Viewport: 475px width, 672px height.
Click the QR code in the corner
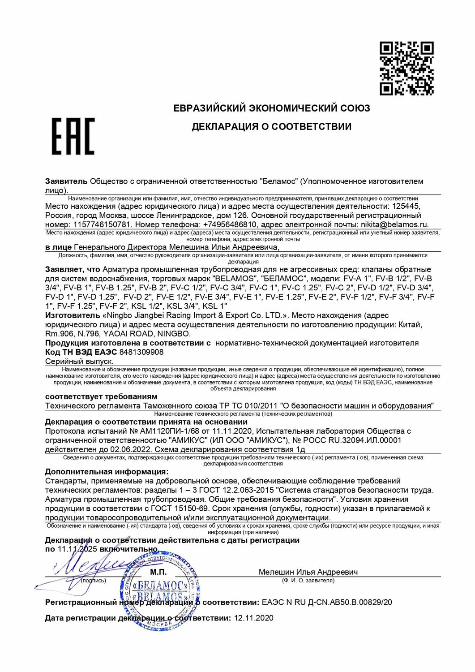tap(407, 69)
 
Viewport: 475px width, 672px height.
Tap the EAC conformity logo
tap(73, 137)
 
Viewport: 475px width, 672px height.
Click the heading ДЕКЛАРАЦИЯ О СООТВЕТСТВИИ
tap(271, 127)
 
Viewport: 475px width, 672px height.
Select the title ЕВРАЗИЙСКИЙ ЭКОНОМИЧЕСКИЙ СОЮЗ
tap(271, 108)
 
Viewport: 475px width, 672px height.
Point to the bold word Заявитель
tap(66, 181)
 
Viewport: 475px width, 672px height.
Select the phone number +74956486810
tap(230, 224)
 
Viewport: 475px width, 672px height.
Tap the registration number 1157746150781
tap(102, 224)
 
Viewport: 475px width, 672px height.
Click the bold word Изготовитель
tap(73, 315)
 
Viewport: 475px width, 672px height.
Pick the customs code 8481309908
tap(141, 352)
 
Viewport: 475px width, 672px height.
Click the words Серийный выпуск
tap(79, 361)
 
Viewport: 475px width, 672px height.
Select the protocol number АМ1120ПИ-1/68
tap(170, 431)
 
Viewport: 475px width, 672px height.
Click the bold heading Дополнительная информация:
tap(107, 472)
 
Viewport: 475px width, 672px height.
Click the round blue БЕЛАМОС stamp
tap(159, 592)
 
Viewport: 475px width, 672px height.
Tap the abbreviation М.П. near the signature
tap(158, 572)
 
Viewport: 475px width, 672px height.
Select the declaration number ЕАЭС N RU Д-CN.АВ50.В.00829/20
tap(327, 603)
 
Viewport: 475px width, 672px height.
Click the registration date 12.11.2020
tap(253, 618)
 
